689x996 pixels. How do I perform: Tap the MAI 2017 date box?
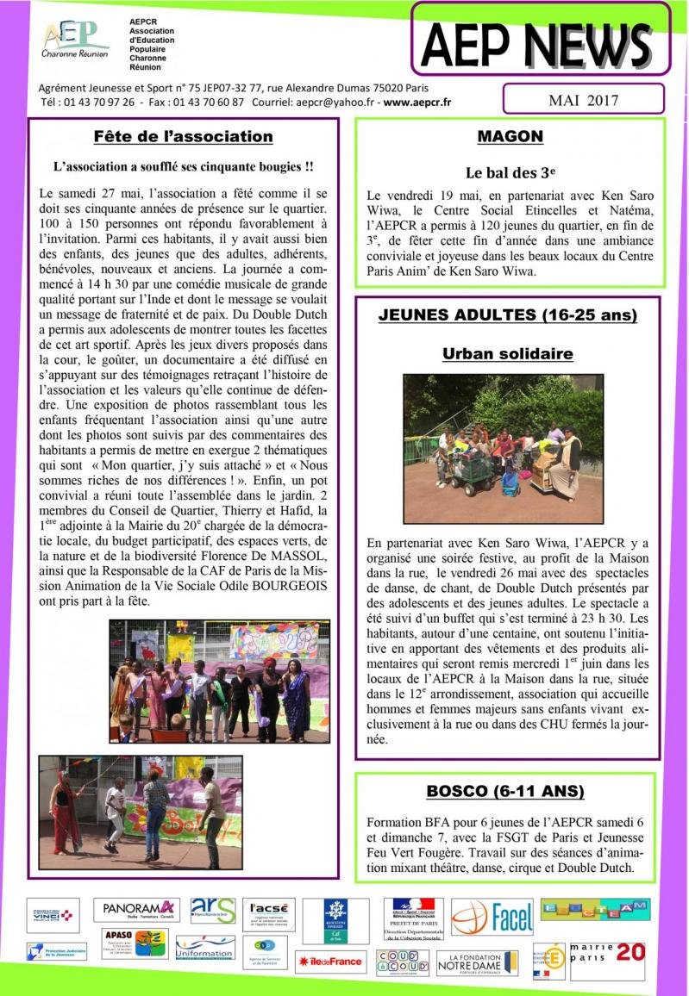583,100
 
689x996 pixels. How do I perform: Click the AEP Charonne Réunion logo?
76,39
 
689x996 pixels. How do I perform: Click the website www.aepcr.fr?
417,102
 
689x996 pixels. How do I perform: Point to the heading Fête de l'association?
183,137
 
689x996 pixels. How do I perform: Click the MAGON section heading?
510,136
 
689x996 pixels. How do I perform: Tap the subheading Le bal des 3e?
510,172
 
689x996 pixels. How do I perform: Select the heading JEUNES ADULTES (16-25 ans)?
508,315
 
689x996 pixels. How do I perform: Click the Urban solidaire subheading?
508,353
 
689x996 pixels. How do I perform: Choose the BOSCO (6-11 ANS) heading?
504,791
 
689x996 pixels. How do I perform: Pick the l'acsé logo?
268,916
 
